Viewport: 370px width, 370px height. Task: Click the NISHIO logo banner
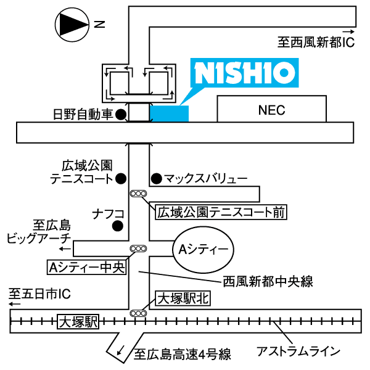click(244, 73)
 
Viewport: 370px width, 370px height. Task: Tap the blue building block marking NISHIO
click(169, 113)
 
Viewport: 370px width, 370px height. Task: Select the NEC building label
click(271, 110)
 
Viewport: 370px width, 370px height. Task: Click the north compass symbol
click(72, 25)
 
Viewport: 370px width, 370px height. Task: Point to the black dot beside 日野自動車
click(121, 115)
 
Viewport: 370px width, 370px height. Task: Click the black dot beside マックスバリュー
click(156, 179)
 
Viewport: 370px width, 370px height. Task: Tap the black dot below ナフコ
click(118, 226)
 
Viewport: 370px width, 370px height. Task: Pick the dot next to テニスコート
click(121, 179)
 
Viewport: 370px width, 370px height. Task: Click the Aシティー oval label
click(203, 250)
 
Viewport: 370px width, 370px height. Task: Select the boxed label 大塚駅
click(78, 321)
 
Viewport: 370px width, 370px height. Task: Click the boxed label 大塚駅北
click(183, 298)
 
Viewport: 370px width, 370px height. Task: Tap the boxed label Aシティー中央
click(86, 268)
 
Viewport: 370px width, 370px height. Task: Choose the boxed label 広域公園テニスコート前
click(221, 212)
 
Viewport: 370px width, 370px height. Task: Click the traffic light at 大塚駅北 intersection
click(138, 313)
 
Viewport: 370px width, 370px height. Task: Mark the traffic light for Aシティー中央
click(138, 249)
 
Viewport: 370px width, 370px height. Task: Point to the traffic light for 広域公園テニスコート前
click(138, 194)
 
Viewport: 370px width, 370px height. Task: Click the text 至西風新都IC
click(316, 43)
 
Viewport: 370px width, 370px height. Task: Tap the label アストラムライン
click(298, 351)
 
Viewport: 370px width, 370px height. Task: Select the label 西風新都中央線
click(268, 281)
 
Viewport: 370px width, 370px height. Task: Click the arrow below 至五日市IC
click(15, 303)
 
